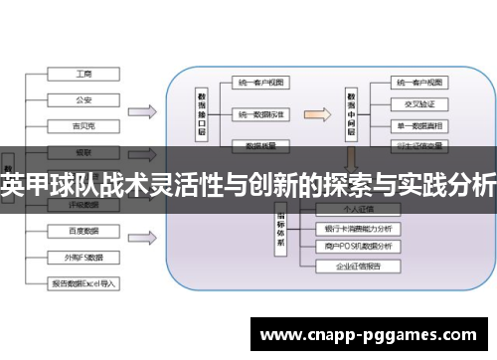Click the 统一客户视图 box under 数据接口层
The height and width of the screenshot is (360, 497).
click(261, 83)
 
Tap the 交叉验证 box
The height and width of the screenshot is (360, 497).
click(417, 103)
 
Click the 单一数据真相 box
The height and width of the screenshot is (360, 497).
click(417, 125)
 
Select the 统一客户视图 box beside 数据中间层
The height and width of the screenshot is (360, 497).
click(417, 82)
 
